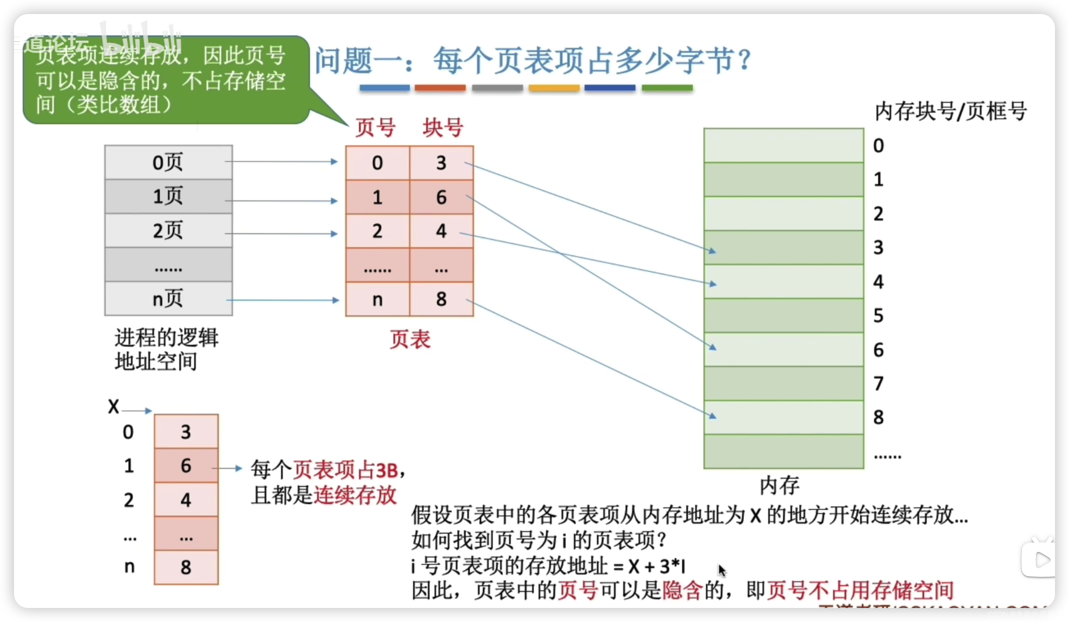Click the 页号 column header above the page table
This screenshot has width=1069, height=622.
(x=375, y=127)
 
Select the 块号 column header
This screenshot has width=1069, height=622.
(x=442, y=127)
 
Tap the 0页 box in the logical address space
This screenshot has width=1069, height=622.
(x=168, y=162)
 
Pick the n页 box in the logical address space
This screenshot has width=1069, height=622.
(x=168, y=299)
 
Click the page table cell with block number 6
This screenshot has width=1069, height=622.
(x=441, y=197)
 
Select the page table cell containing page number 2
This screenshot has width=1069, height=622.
(x=377, y=231)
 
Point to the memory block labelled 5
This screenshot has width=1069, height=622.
(x=783, y=315)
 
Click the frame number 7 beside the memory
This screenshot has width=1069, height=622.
(x=878, y=383)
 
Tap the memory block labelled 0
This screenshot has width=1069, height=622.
(x=783, y=146)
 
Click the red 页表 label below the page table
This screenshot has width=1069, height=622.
(x=410, y=340)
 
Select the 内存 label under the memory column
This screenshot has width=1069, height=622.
(x=779, y=485)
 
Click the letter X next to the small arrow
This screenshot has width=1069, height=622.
(x=113, y=407)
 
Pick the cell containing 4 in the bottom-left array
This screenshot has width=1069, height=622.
(x=186, y=500)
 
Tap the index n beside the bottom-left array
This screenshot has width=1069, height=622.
(x=130, y=567)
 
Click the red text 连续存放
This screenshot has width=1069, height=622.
(x=355, y=495)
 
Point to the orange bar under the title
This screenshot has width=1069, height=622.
(x=554, y=88)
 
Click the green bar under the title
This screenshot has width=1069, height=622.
(x=667, y=88)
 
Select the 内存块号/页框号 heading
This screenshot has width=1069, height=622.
(x=950, y=111)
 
